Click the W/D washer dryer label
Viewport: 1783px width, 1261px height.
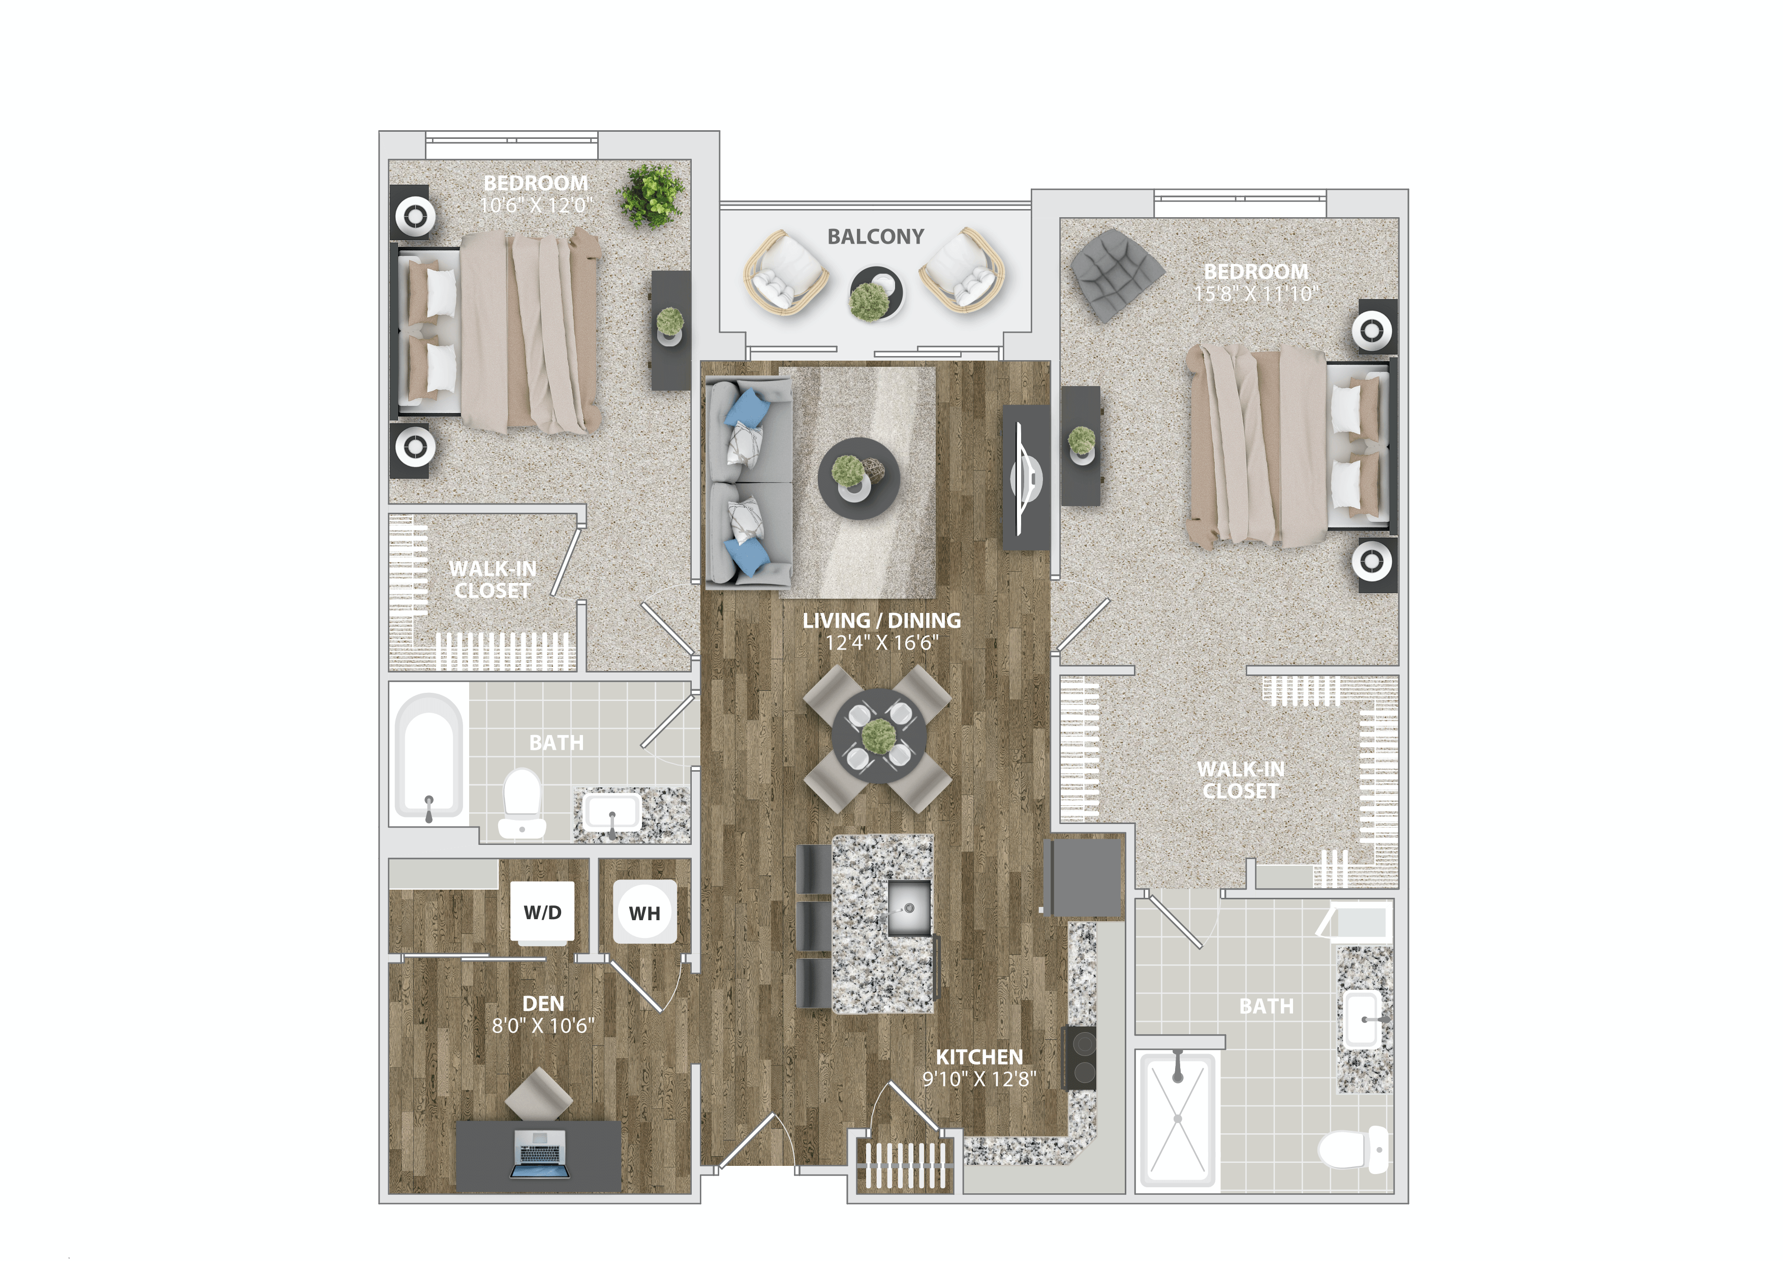542,912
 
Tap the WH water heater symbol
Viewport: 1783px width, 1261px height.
644,913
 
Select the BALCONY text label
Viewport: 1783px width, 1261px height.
875,236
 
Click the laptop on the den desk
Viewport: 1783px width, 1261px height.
538,1153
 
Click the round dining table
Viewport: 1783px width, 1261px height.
878,736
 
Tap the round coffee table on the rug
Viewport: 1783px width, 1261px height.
858,478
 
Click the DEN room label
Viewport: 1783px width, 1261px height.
543,1003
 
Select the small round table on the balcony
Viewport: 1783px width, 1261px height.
875,294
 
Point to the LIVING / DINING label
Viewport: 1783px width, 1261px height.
881,620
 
